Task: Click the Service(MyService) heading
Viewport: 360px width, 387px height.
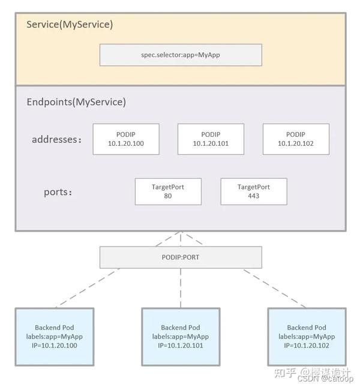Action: point(70,25)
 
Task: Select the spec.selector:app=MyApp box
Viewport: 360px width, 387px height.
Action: point(180,55)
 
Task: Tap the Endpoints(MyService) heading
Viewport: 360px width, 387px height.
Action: point(76,102)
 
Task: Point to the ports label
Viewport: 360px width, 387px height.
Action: point(58,193)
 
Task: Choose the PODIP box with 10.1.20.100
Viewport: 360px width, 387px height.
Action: point(126,139)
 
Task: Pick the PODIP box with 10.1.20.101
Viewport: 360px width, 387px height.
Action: point(211,139)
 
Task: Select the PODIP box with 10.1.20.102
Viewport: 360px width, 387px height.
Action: point(296,139)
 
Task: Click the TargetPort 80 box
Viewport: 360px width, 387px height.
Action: point(168,191)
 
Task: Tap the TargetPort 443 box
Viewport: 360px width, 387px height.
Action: point(253,191)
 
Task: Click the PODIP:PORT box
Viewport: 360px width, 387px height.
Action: point(180,257)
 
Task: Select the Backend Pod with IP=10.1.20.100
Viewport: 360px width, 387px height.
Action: point(55,337)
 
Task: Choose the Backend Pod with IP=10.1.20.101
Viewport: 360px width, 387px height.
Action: point(181,337)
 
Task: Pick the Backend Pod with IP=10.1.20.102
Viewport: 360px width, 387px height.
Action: point(307,337)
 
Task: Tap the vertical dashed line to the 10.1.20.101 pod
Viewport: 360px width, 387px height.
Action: point(181,288)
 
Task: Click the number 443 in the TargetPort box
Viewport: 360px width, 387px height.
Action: point(253,196)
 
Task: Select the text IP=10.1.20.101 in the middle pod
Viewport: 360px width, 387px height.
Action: point(181,346)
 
